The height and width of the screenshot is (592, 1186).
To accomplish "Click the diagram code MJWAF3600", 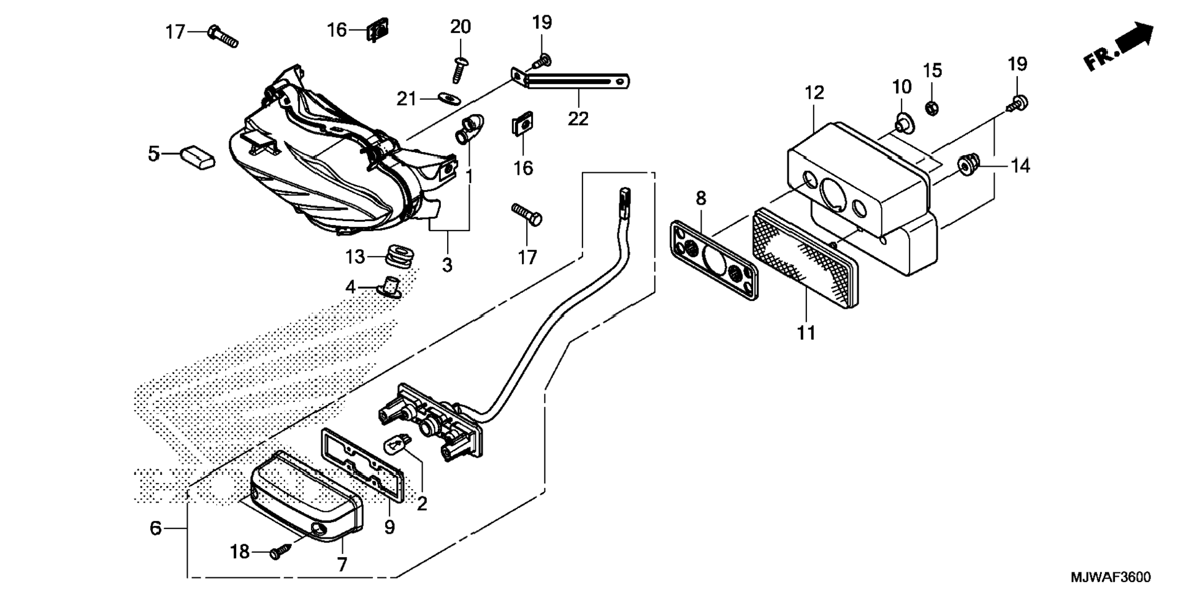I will point(1110,577).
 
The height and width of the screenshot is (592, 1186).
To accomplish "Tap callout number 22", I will point(578,118).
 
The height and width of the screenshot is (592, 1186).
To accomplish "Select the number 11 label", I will point(806,333).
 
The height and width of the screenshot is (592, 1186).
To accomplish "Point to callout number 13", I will point(354,257).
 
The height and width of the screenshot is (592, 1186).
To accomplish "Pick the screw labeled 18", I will point(279,552).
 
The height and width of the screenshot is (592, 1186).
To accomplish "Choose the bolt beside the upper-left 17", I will point(223,36).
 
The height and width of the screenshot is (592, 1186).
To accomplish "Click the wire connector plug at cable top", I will point(624,202).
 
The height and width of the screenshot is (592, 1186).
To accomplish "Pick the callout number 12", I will point(814,93).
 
